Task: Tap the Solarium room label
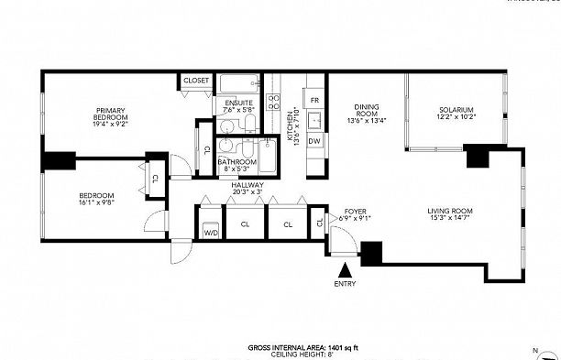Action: pyautogui.click(x=456, y=112)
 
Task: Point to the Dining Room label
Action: pyautogui.click(x=367, y=112)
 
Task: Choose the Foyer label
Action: pyautogui.click(x=355, y=212)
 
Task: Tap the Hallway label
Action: pyautogui.click(x=247, y=184)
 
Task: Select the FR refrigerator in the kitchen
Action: pyautogui.click(x=313, y=99)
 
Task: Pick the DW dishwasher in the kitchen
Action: pyautogui.click(x=313, y=140)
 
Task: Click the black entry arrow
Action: pyautogui.click(x=346, y=271)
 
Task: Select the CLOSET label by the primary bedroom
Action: pyautogui.click(x=196, y=81)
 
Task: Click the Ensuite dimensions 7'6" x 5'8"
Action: pyautogui.click(x=238, y=110)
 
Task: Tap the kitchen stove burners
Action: pyautogui.click(x=273, y=101)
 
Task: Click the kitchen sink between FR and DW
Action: pyautogui.click(x=313, y=120)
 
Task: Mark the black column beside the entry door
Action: pyautogui.click(x=372, y=254)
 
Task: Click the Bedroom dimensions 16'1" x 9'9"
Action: pyautogui.click(x=95, y=203)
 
